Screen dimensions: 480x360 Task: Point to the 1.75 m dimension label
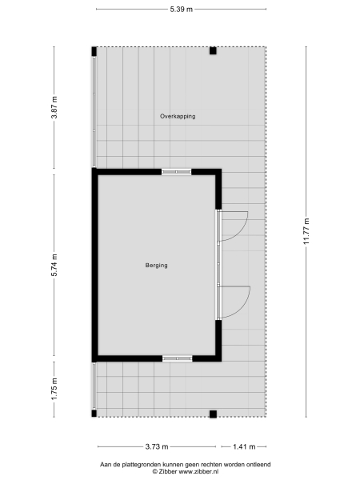(x=54, y=388)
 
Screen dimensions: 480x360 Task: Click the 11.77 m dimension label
(x=306, y=232)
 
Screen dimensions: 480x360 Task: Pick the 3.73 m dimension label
(x=156, y=446)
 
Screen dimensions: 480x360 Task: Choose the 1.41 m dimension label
(x=244, y=446)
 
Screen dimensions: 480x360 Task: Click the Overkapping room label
(x=178, y=117)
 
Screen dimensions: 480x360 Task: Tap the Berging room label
(x=157, y=266)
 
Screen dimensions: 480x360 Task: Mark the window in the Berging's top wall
(x=176, y=171)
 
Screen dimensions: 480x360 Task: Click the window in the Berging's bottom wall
(x=177, y=358)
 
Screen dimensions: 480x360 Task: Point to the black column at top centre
(x=213, y=51)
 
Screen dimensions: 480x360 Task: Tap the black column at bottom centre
(x=213, y=414)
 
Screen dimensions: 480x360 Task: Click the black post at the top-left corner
(x=94, y=51)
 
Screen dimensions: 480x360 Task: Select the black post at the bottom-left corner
(x=94, y=414)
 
